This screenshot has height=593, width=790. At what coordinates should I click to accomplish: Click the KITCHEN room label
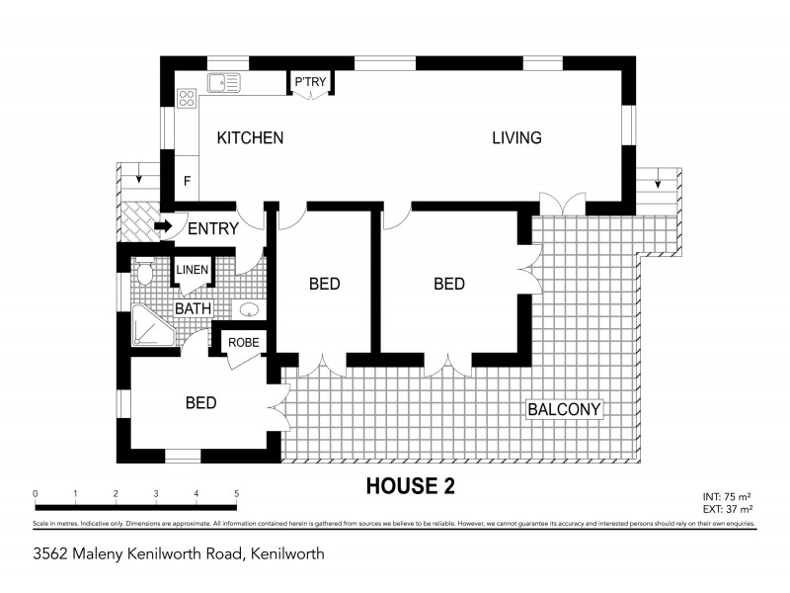pyautogui.click(x=250, y=138)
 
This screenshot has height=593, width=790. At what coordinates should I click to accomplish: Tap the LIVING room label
pyautogui.click(x=516, y=138)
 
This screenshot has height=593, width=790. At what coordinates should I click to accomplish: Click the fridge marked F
pyautogui.click(x=188, y=181)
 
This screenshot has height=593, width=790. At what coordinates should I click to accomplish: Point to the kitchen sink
pyautogui.click(x=222, y=83)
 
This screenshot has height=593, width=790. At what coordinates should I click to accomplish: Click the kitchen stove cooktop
pyautogui.click(x=187, y=97)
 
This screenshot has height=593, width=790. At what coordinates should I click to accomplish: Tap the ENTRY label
pyautogui.click(x=212, y=229)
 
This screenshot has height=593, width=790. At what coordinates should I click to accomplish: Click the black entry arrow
pyautogui.click(x=162, y=226)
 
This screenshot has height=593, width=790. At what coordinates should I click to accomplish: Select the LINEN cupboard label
pyautogui.click(x=192, y=270)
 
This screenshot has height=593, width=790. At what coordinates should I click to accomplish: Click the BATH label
pyautogui.click(x=193, y=308)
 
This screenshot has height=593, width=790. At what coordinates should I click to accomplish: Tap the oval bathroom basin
pyautogui.click(x=251, y=309)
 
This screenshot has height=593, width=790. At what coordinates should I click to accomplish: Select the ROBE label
pyautogui.click(x=243, y=343)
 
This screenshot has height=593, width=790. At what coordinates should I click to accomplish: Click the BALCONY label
pyautogui.click(x=564, y=409)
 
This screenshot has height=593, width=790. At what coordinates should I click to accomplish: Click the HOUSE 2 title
pyautogui.click(x=410, y=485)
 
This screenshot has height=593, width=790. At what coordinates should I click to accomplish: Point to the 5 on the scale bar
pyautogui.click(x=236, y=493)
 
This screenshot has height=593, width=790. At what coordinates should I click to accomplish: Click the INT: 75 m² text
pyautogui.click(x=728, y=497)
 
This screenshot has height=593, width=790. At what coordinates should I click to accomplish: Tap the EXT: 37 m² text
pyautogui.click(x=727, y=509)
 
